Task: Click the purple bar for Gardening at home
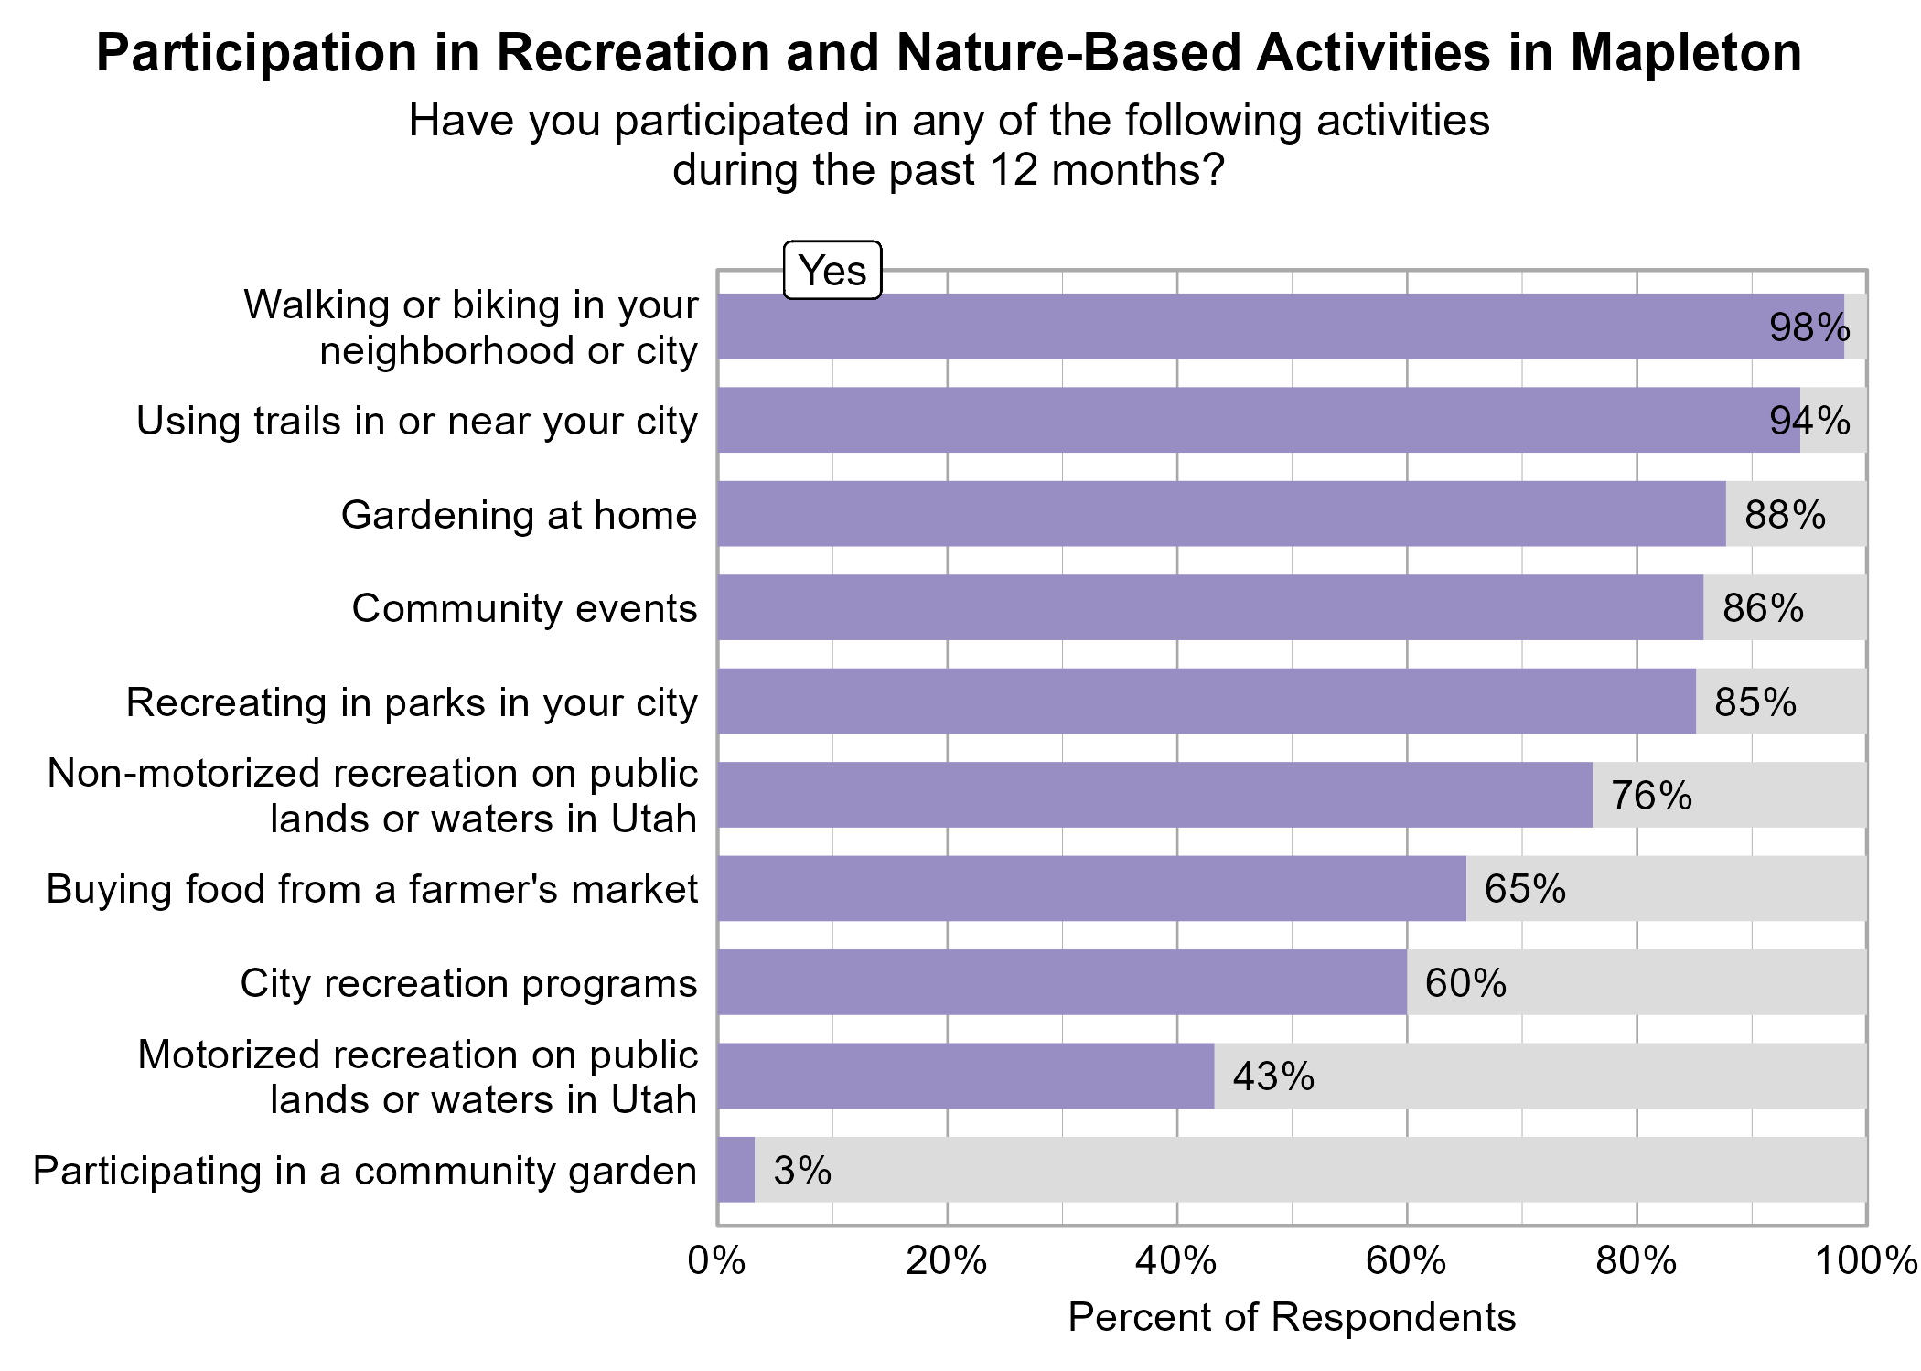(x=1221, y=514)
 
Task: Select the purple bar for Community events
(x=1209, y=607)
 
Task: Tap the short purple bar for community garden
(x=735, y=1170)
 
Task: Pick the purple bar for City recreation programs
(x=1061, y=982)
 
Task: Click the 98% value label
(x=1808, y=327)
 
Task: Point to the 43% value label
(x=1272, y=1076)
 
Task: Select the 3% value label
(x=802, y=1171)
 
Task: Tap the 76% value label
(x=1651, y=796)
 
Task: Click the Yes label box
(x=832, y=271)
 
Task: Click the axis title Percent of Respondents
(x=1292, y=1317)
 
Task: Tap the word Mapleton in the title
(x=1686, y=53)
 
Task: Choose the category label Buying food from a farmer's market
(x=372, y=889)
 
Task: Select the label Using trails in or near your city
(x=417, y=421)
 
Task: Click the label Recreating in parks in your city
(x=412, y=702)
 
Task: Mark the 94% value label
(x=1808, y=421)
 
